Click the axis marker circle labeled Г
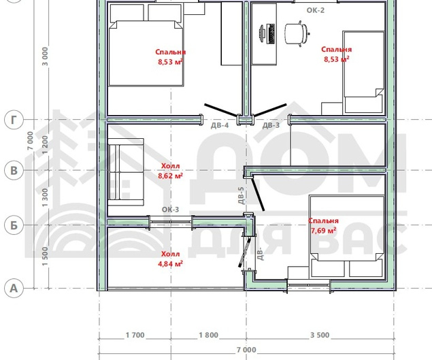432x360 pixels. point(14,120)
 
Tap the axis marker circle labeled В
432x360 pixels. point(14,170)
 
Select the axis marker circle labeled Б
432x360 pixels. point(14,225)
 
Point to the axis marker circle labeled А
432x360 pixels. point(14,289)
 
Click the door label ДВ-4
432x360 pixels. point(220,125)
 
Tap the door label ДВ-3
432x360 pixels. point(271,125)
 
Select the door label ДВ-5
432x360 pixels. point(241,196)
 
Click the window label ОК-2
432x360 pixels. point(316,10)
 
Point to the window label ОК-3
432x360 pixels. point(170,210)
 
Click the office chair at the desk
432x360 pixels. point(297,33)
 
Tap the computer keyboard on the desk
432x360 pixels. point(271,33)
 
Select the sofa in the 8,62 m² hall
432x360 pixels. point(126,172)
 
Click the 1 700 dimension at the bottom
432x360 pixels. point(135,336)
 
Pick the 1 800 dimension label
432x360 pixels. point(209,336)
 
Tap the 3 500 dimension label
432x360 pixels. point(320,336)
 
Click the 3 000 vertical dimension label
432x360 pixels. point(45,56)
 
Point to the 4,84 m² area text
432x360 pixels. point(170,264)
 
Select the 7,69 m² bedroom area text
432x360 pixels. point(323,231)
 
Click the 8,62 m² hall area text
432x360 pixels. point(170,176)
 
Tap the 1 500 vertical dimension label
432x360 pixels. point(45,257)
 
